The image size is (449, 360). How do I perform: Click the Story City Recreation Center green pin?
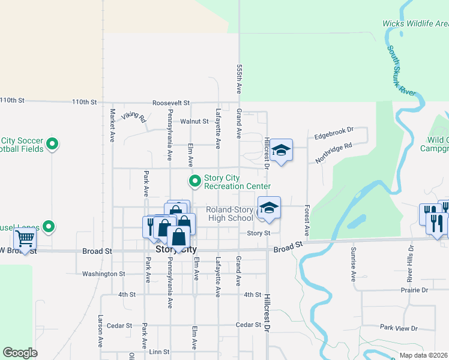pyautogui.click(x=195, y=181)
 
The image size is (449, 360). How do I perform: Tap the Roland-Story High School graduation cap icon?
pyautogui.click(x=270, y=207)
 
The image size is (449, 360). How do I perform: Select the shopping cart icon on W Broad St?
pyautogui.click(x=25, y=239)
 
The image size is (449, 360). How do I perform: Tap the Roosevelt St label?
pyautogui.click(x=170, y=103)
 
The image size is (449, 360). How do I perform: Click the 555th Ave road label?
pyautogui.click(x=239, y=79)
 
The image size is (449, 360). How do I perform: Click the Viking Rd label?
pyautogui.click(x=134, y=116)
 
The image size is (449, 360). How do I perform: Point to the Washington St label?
pyautogui.click(x=103, y=274)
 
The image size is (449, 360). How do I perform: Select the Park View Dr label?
pyautogui.click(x=399, y=328)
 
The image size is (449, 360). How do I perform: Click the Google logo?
pyautogui.click(x=20, y=353)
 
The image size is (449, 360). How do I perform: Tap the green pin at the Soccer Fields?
pyautogui.click(x=52, y=144)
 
